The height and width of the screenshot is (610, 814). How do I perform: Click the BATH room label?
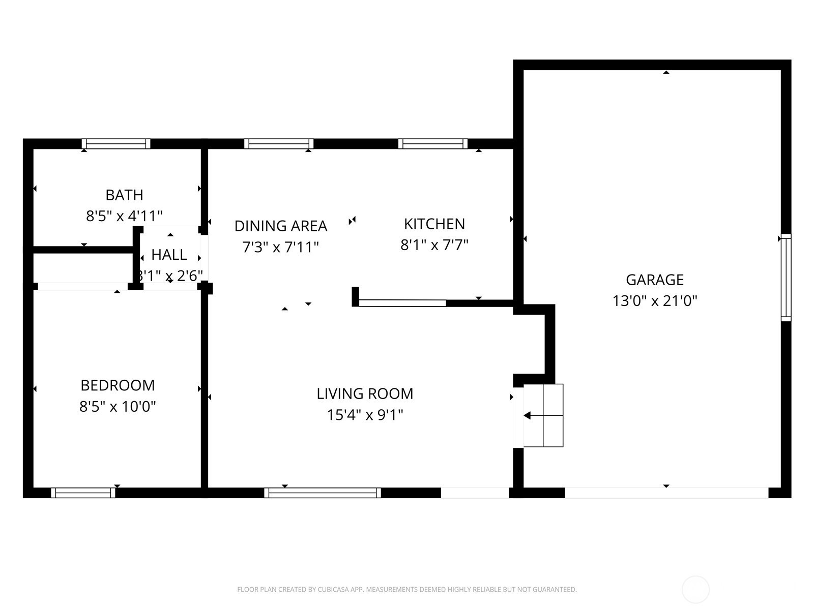(124, 195)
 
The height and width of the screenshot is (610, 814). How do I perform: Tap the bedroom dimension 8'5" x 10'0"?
(118, 407)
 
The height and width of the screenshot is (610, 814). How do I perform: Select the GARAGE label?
(655, 280)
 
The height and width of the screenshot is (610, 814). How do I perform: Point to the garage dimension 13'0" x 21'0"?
(655, 301)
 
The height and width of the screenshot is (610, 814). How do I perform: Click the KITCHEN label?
(434, 224)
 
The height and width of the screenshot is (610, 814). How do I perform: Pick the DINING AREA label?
(281, 226)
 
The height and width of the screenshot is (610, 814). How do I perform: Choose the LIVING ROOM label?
(365, 393)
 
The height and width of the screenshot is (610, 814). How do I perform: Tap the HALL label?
(169, 255)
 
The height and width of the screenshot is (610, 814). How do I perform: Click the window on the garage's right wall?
(786, 278)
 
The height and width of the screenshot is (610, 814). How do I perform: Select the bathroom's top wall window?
(116, 144)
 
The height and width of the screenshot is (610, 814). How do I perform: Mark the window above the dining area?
(279, 144)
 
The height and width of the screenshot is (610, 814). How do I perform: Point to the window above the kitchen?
(433, 144)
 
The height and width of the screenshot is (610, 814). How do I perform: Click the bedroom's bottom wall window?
(83, 493)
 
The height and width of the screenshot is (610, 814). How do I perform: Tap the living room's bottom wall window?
(323, 493)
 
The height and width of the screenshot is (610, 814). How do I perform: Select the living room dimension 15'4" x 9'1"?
(365, 415)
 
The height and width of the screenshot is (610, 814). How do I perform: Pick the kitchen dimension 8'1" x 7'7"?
(434, 245)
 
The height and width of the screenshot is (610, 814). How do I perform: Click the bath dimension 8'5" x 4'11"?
(124, 216)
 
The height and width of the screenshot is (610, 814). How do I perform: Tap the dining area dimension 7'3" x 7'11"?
(281, 247)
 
